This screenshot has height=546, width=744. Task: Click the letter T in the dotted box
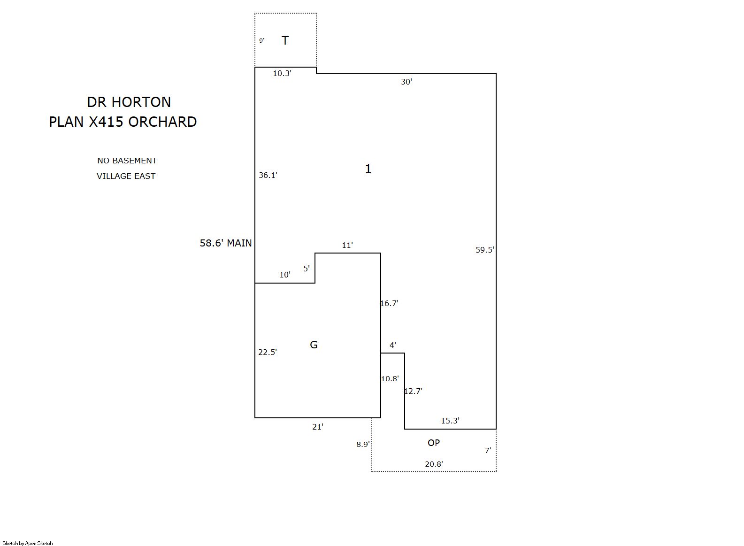coord(285,40)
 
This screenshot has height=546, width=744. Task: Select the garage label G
coord(314,345)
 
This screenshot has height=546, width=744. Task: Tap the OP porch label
coord(433,443)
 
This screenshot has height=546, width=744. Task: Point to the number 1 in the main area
coord(368,169)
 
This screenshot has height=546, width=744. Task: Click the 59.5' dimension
coord(484,250)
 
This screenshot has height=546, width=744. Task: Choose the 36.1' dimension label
coord(268,175)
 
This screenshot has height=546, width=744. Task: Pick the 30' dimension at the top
coord(406,82)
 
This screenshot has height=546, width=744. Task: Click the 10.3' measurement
coord(282,73)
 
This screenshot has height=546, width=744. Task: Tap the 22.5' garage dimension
coord(268,352)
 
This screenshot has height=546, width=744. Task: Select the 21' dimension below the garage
coord(317,427)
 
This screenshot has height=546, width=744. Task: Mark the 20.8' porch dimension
coord(434,464)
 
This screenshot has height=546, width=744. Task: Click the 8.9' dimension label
coord(363,445)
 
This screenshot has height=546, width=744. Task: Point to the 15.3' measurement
coord(450,421)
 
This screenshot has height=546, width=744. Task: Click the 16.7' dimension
coord(389,303)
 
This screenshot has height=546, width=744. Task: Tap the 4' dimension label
coord(392,345)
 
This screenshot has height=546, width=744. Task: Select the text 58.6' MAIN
coord(225,243)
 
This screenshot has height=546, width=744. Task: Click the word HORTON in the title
coord(141,102)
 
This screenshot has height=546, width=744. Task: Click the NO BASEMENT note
coord(127,161)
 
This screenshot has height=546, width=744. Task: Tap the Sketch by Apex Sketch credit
coord(28,543)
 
